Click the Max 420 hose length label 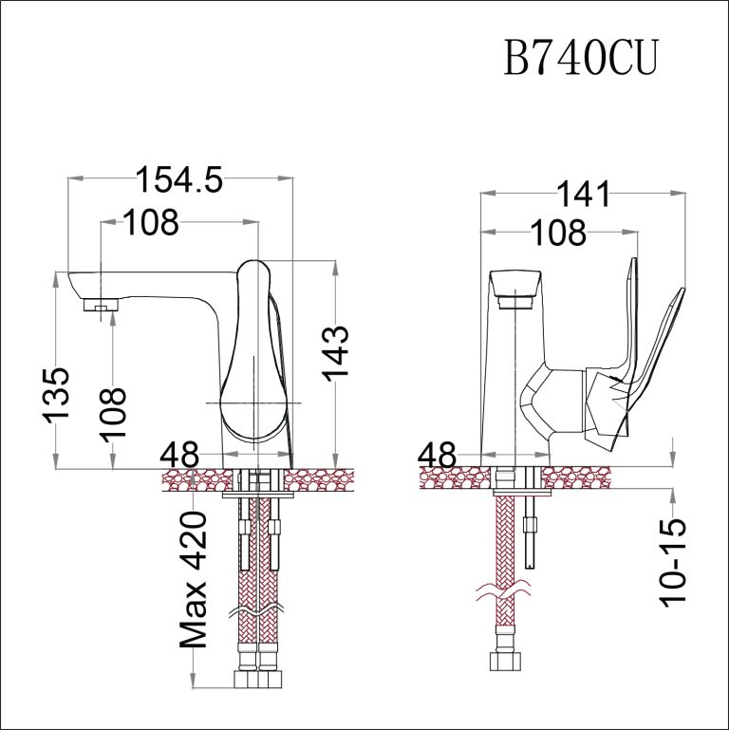pos(195,579)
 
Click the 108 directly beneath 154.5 pos(151,223)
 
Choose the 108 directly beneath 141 pos(555,232)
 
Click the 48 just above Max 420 pos(179,455)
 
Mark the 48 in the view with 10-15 pos(438,455)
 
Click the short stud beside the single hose pos(531,532)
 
